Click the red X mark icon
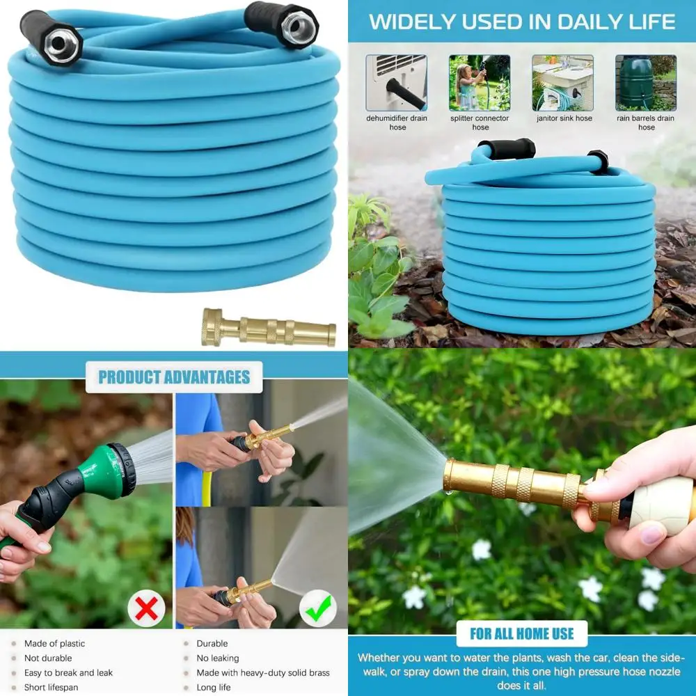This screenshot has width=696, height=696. point(146,608)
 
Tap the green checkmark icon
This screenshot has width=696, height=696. point(317,608)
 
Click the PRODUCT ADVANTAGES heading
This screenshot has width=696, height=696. point(174,377)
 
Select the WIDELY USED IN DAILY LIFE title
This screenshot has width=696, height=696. point(522,22)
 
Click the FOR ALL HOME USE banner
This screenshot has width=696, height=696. point(522,633)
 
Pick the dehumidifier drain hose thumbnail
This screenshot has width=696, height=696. point(397,83)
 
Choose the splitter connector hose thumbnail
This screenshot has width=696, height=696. point(480,83)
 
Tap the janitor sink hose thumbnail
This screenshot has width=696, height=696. point(563,83)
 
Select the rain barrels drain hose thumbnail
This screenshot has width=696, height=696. point(646,83)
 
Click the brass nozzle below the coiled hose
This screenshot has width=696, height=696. point(269,327)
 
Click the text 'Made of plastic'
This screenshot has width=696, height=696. point(54,644)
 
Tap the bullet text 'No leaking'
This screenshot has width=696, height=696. point(218,658)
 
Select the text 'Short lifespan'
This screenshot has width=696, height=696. point(52,688)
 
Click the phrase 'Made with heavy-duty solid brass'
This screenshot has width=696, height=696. point(263,673)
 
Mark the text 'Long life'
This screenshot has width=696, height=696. point(214,688)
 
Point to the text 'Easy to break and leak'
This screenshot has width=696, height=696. point(69,673)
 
